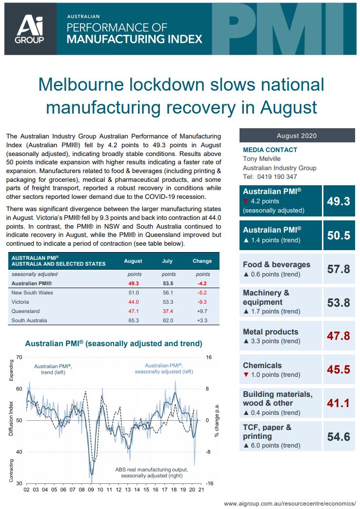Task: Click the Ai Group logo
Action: (x=30, y=28)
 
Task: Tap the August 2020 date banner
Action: (x=297, y=136)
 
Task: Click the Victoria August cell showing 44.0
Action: (x=133, y=302)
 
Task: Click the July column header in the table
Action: (x=167, y=261)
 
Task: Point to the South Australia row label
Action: (x=29, y=320)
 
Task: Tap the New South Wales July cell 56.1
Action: (x=167, y=293)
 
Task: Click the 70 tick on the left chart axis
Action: (x=19, y=357)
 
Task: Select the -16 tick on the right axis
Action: (x=210, y=483)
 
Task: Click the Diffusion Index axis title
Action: (x=11, y=419)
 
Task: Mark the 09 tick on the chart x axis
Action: (x=90, y=489)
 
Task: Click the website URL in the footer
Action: (x=290, y=503)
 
